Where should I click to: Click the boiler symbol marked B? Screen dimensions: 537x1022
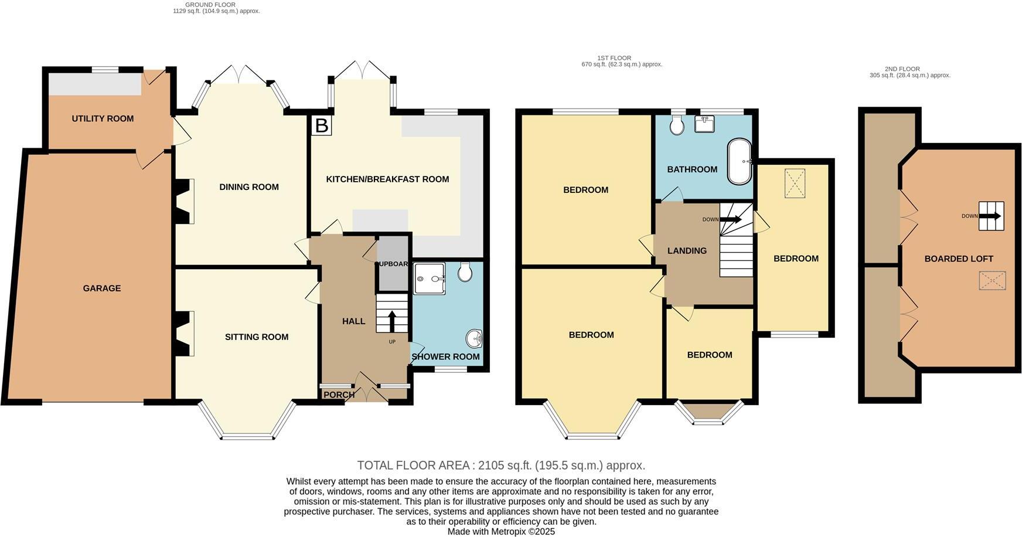coord(321,125)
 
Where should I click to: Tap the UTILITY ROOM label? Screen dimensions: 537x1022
coord(103,118)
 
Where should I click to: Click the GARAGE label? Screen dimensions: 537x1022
coord(101,288)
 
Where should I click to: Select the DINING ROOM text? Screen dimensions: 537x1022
coord(248,187)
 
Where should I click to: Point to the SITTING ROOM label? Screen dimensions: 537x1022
coord(257,337)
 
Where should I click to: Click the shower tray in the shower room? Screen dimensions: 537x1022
coord(429,278)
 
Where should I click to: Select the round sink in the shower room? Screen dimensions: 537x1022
coord(475,338)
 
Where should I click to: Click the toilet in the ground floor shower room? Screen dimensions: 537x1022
coord(465,272)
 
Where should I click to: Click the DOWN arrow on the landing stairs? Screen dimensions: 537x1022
coord(731,219)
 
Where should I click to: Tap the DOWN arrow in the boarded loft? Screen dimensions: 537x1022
coord(990,216)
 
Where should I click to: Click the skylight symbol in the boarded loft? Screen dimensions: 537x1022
coord(992,280)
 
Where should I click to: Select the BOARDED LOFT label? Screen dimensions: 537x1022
coord(959,259)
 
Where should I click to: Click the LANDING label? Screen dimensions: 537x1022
coord(687,250)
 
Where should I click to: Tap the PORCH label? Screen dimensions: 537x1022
coord(339,395)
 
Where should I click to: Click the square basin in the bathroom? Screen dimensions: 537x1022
coord(704,124)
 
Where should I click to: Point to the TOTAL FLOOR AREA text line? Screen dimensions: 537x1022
coord(501,465)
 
